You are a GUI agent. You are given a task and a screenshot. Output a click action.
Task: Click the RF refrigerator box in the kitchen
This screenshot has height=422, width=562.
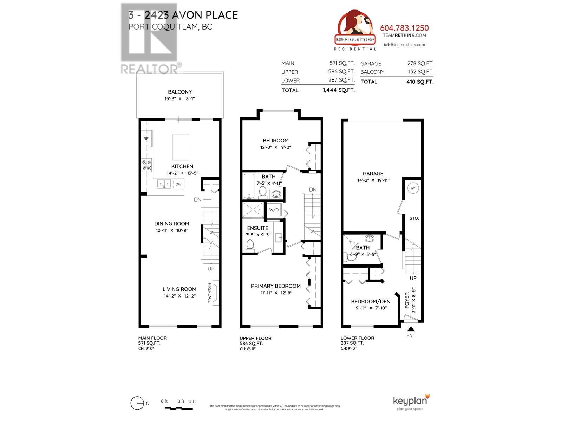(x=146, y=139)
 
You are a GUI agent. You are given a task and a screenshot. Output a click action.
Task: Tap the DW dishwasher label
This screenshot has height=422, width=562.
(x=178, y=184)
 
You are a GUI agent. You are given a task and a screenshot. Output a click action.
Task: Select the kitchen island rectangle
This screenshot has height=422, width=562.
(x=181, y=147)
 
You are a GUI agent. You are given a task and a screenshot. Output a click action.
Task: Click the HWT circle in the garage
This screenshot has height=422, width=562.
(x=413, y=188)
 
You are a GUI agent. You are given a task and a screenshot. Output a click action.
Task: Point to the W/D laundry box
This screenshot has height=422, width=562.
(x=274, y=210)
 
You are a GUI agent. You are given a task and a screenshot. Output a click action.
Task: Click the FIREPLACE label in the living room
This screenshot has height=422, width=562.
(x=210, y=293)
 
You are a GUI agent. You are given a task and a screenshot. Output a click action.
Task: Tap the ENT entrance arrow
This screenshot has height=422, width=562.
(x=411, y=329)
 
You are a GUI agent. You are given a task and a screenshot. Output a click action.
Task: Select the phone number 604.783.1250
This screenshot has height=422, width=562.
(x=404, y=28)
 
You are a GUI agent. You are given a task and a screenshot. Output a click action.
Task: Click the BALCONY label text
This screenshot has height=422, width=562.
(x=179, y=92)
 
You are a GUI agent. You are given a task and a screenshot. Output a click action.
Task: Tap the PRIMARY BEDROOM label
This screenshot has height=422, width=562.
(x=276, y=286)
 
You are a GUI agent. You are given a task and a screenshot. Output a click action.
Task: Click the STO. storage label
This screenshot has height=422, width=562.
(x=414, y=218)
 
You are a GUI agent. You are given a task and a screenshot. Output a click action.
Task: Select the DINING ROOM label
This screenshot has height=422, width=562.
(x=172, y=224)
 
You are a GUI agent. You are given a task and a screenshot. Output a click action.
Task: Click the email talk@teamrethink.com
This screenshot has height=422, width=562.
(x=404, y=45)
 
